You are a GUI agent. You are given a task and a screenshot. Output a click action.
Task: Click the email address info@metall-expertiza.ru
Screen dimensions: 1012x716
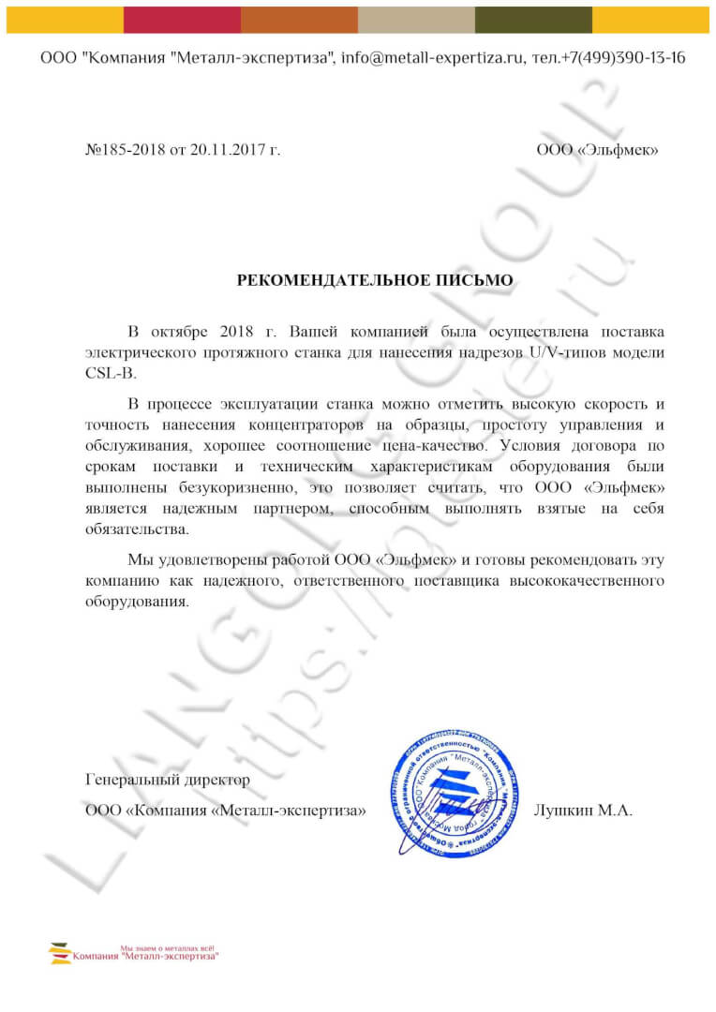tap(442, 58)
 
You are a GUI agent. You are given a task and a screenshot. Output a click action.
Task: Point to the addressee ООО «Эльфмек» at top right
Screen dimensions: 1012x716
tap(597, 149)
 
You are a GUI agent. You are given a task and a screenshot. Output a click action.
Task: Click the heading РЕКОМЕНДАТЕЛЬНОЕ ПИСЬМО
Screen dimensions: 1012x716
tap(375, 279)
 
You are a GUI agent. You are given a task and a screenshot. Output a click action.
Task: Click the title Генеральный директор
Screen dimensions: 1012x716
tap(168, 779)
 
